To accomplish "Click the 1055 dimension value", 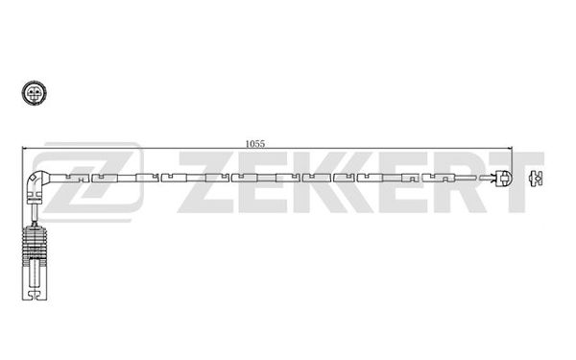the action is click(255, 144).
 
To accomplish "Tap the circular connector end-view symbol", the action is click(35, 93).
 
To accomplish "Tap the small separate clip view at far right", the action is click(536, 179).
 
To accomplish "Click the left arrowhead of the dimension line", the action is click(25, 148).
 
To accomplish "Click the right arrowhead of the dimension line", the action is click(509, 148).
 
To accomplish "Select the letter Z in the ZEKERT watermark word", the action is click(205, 182).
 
